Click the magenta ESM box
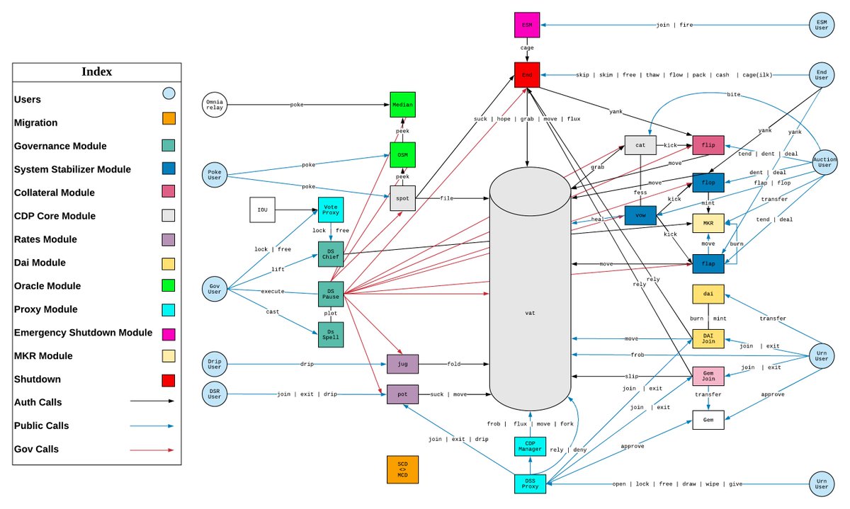[x=527, y=25]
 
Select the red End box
[x=527, y=74]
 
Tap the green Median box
[x=402, y=105]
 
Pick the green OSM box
[x=402, y=154]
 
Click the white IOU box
[x=262, y=210]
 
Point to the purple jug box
[x=402, y=364]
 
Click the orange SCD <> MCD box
[x=402, y=469]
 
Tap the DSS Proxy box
[x=530, y=484]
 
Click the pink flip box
[x=708, y=145]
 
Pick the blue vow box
[x=640, y=216]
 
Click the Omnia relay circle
[x=215, y=105]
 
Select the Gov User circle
[x=215, y=290]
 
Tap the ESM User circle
[x=822, y=25]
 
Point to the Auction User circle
[x=824, y=164]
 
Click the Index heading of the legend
[x=96, y=72]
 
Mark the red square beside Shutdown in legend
[x=169, y=379]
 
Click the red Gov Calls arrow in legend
[x=152, y=450]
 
